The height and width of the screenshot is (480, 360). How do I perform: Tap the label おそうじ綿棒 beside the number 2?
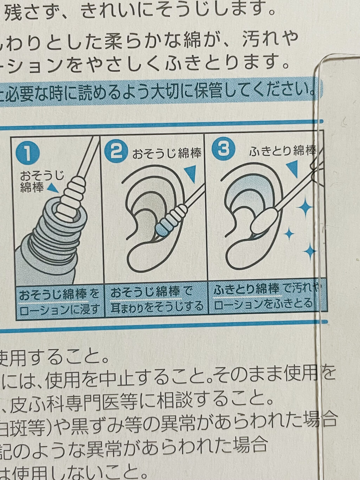(x=167, y=153)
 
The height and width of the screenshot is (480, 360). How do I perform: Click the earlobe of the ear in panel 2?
(x=141, y=258)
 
